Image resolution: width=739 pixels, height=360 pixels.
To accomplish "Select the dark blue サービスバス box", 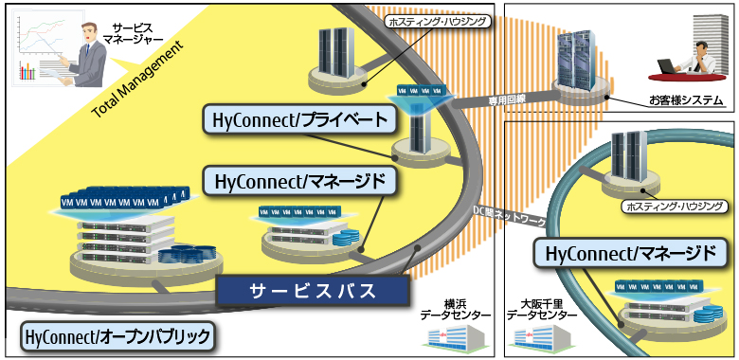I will tap(312, 291).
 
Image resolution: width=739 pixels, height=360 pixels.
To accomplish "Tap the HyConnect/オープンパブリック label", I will tap(117, 335).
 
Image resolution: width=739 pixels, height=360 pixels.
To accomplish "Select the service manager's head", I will tap(90, 32).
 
